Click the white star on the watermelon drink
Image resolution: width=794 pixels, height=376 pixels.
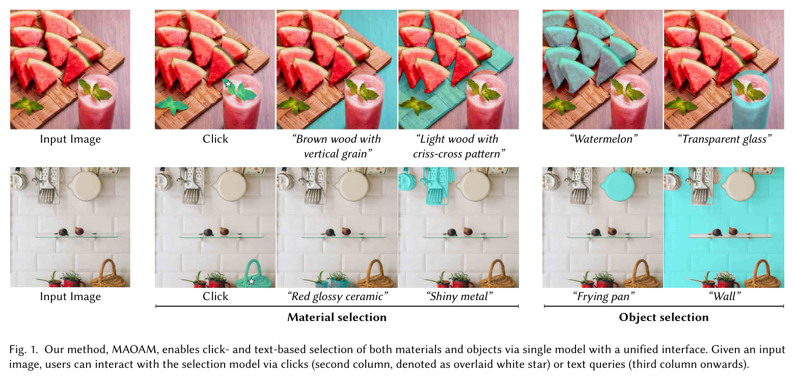228,84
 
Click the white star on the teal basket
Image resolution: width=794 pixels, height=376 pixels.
251,281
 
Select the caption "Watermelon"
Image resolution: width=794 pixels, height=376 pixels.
604,139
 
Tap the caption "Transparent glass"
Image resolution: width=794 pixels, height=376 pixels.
724,139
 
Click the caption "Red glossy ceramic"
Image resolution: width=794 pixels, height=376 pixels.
337,297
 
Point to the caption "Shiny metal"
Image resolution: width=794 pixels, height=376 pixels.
459,297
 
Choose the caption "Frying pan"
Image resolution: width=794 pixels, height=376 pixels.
604,297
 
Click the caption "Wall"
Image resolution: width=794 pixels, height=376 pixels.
724,297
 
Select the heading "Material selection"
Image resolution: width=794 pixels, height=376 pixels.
337,317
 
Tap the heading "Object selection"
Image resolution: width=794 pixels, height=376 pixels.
664,317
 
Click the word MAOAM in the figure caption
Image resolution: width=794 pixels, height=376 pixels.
134,350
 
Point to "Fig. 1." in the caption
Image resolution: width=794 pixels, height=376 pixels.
23,350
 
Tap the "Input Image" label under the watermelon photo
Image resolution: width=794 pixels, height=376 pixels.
70,139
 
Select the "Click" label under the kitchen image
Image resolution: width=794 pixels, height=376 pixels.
215,297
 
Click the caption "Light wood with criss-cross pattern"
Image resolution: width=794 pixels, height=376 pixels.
459,146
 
